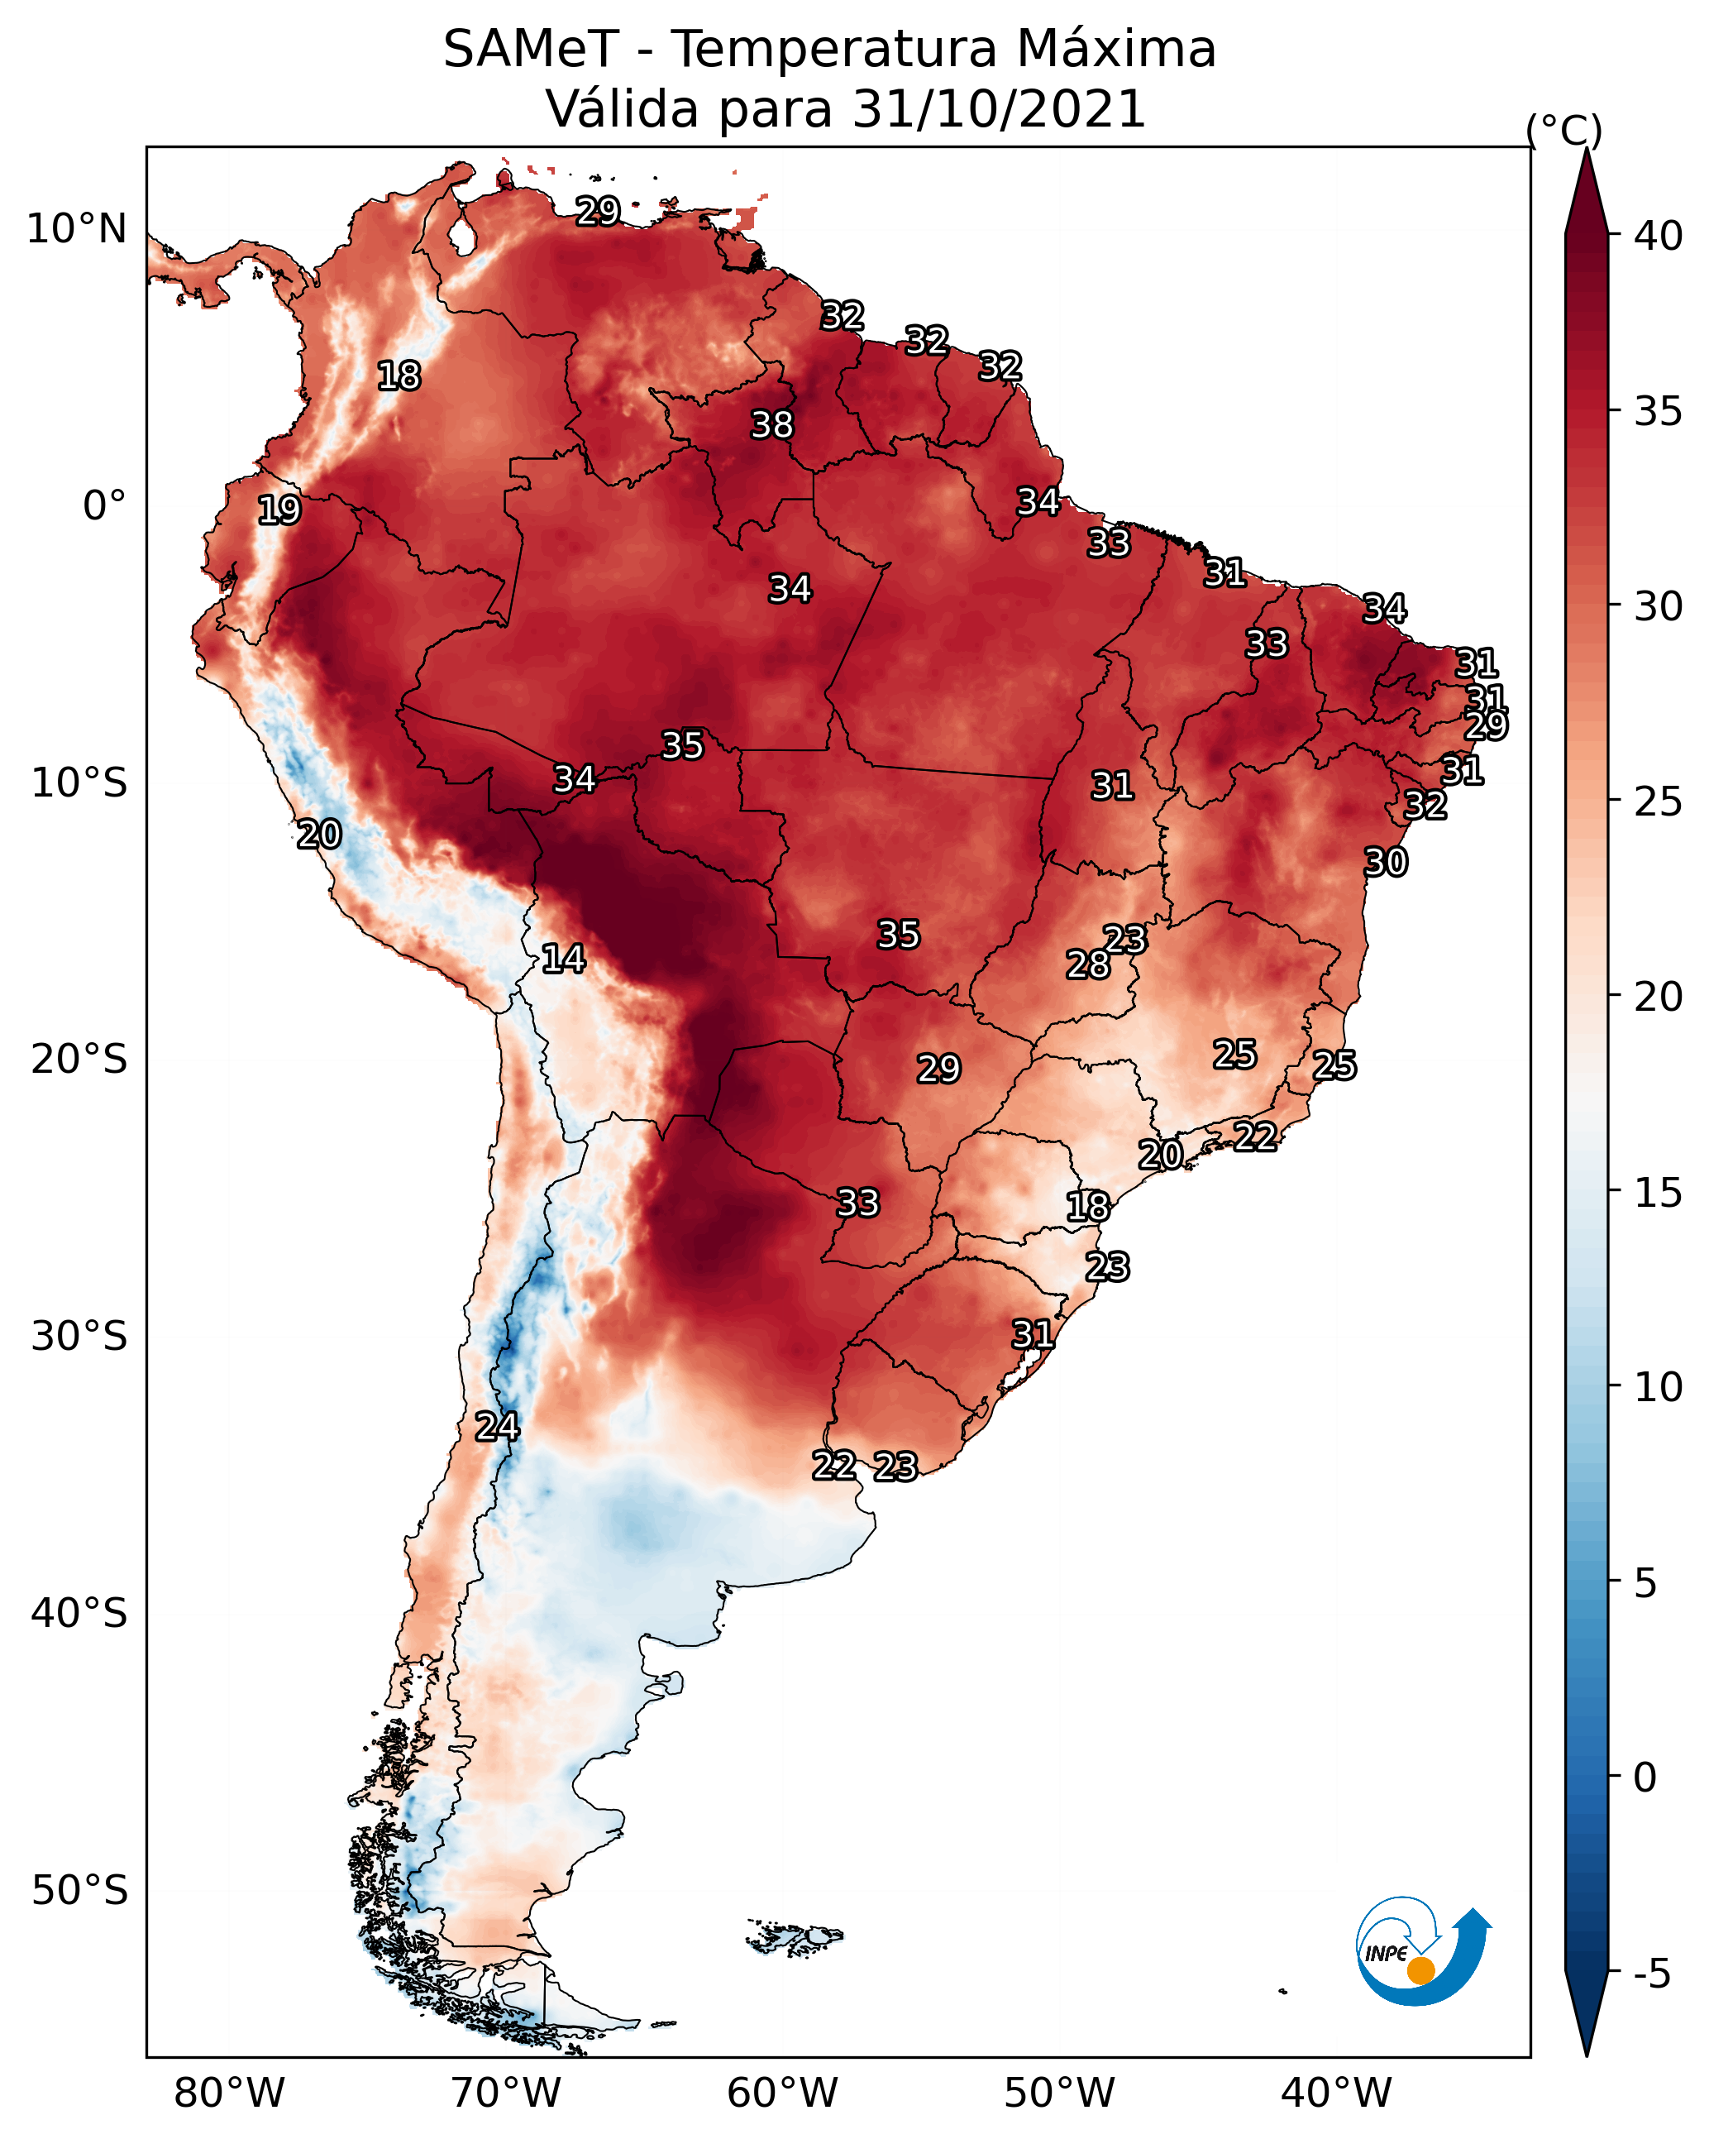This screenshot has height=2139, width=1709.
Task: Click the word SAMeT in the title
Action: (x=531, y=49)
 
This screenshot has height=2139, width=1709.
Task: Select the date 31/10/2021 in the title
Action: (x=998, y=108)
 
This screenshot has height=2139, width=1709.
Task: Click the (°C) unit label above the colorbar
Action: (x=1564, y=130)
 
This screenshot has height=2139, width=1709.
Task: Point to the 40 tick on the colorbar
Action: (x=1659, y=236)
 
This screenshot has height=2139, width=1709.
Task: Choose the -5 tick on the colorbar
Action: (x=1651, y=1974)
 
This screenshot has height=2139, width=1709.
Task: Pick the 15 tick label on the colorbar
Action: (x=1659, y=1193)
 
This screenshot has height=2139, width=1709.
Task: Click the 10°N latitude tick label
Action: (x=76, y=229)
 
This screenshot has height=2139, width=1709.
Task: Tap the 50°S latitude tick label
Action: (x=79, y=1891)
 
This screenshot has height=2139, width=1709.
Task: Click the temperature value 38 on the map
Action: (x=771, y=424)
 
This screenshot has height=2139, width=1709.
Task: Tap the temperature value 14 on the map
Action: (x=563, y=959)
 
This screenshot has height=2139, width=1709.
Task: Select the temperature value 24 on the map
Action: (x=497, y=1427)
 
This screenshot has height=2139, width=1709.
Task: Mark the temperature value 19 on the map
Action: (x=279, y=510)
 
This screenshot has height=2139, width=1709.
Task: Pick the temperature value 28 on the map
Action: (x=1088, y=964)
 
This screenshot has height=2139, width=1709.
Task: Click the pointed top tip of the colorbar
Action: (x=1586, y=149)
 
